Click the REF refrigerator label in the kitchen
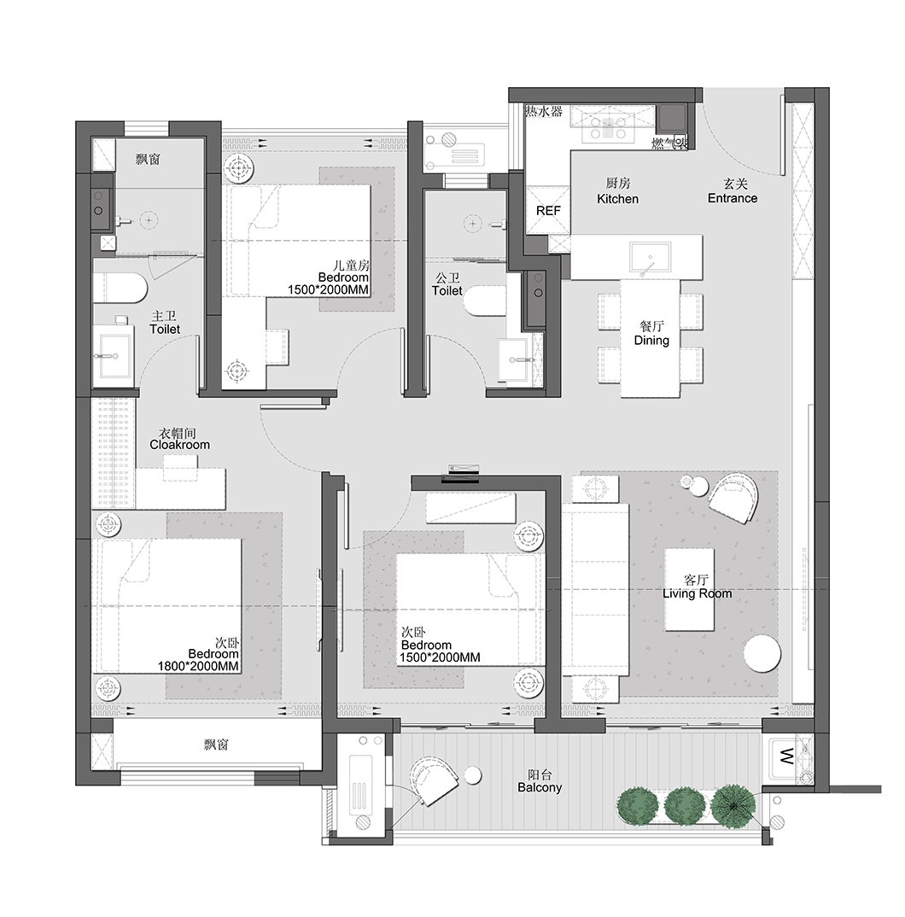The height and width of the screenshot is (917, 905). [548, 211]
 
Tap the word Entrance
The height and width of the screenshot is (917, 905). [732, 198]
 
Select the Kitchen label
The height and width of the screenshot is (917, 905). [617, 198]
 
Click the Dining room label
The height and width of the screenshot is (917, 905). [651, 340]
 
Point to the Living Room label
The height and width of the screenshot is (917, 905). [697, 593]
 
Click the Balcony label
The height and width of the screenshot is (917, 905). [540, 787]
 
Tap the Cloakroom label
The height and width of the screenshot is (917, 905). [179, 444]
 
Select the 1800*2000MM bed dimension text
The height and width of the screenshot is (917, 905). [198, 666]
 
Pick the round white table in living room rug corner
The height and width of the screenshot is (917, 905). [762, 654]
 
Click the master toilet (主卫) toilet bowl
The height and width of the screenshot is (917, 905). [120, 289]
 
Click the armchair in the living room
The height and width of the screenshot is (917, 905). [733, 498]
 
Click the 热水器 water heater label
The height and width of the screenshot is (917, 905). [543, 112]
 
